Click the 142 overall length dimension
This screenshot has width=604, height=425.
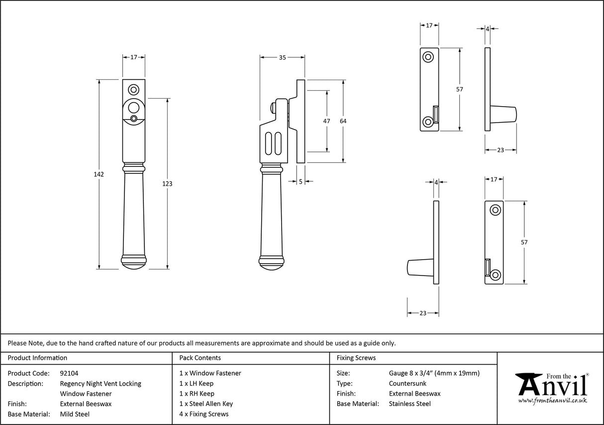[99, 174]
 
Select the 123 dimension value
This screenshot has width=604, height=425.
[167, 184]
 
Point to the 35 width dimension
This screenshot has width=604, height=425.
[282, 58]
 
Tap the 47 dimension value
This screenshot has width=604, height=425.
[327, 121]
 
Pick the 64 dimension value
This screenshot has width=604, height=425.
[343, 121]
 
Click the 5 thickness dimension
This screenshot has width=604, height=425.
[301, 182]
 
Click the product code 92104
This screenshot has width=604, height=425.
[69, 373]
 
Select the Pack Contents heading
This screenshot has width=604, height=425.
[200, 358]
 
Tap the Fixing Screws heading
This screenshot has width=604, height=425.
[356, 358]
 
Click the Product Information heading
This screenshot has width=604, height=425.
[38, 358]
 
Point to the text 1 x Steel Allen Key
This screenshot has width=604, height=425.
[206, 404]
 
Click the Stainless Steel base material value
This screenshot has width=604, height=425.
[409, 404]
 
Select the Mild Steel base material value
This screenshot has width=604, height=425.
[75, 414]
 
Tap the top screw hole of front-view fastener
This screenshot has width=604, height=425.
[133, 90]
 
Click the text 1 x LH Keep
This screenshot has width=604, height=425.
[197, 384]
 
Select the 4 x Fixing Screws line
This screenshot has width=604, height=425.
[204, 414]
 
